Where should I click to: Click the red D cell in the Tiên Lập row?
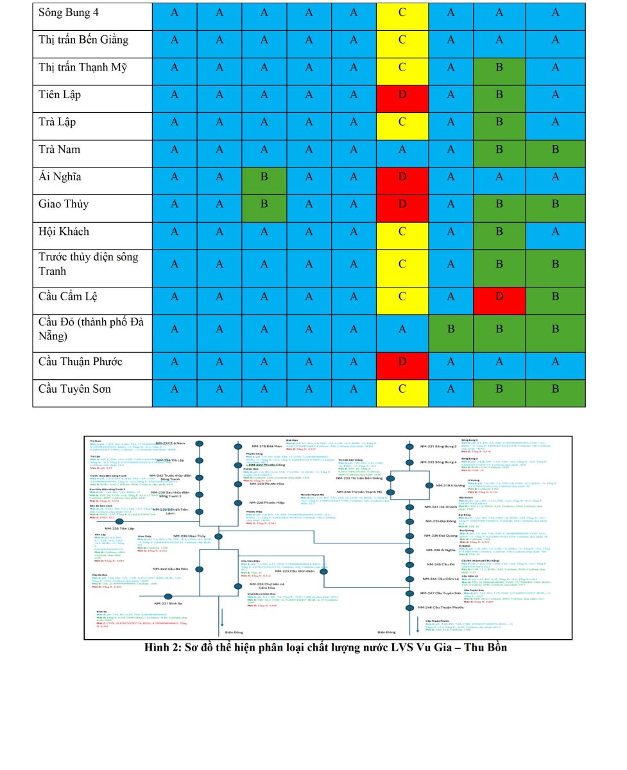(x=402, y=94)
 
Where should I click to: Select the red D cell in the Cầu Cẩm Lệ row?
(x=499, y=296)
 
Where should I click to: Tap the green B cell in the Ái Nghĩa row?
(x=264, y=176)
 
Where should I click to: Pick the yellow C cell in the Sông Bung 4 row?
(x=402, y=12)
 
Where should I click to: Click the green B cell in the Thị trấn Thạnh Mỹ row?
(x=499, y=67)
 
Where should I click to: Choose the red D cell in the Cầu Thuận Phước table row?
(x=402, y=361)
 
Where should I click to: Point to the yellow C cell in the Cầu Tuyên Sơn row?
(x=402, y=388)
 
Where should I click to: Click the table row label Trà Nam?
(x=60, y=149)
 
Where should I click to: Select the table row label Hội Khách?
(x=64, y=231)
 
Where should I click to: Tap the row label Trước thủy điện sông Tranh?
(x=89, y=264)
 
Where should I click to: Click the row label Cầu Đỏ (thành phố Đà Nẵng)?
(x=91, y=329)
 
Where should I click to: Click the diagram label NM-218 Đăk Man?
(x=266, y=446)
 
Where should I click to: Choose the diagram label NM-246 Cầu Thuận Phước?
(x=441, y=607)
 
